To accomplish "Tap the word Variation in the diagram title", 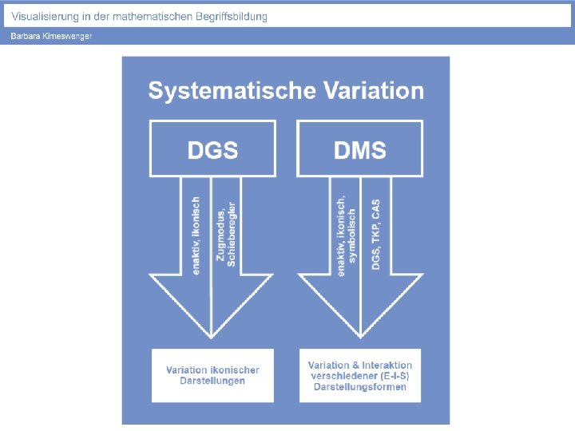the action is pyautogui.click(x=373, y=91).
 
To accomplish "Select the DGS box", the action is pyautogui.click(x=212, y=148).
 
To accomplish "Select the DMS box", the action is pyautogui.click(x=360, y=148).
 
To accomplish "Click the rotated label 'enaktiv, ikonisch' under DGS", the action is pyautogui.click(x=196, y=236).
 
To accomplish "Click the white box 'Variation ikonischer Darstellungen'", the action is pyautogui.click(x=212, y=375).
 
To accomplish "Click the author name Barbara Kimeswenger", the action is pyautogui.click(x=51, y=37).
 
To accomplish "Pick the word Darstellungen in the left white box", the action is pyautogui.click(x=212, y=382).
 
